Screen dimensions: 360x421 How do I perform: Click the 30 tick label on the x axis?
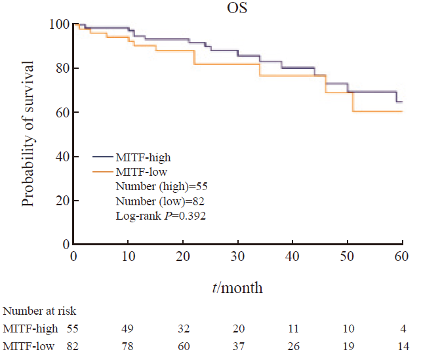click(x=238, y=255)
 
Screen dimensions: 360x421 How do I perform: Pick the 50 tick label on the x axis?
click(x=348, y=255)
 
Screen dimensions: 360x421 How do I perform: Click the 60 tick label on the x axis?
click(x=402, y=255)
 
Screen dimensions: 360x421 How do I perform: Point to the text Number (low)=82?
click(x=156, y=201)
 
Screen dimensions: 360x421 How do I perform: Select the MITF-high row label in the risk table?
click(x=31, y=328)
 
